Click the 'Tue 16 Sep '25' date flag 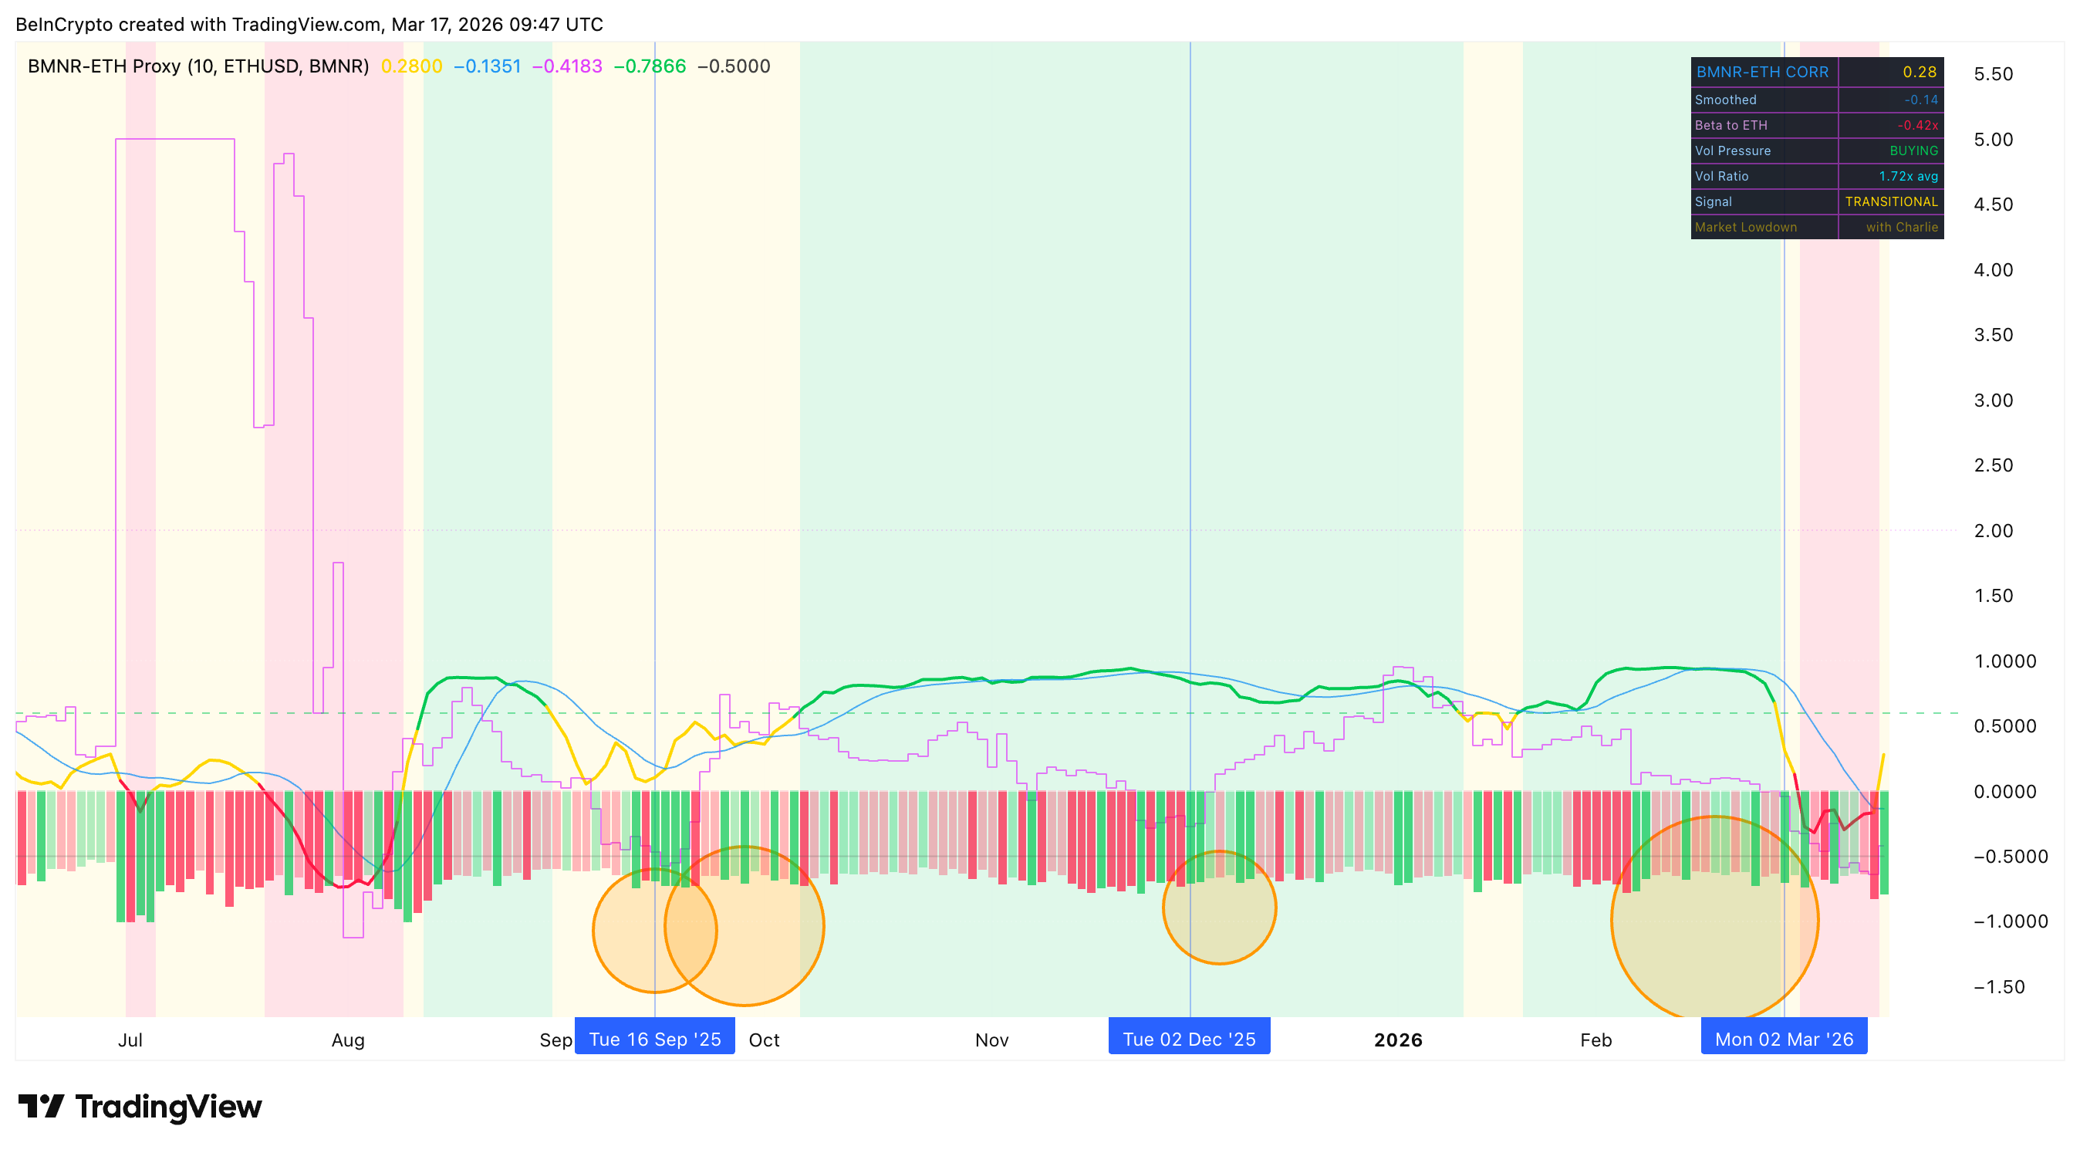point(654,1038)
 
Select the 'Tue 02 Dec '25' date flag point(1189,1038)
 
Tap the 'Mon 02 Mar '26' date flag point(1784,1038)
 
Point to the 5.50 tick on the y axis point(1993,74)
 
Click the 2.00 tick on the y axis point(1993,530)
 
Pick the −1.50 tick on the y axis point(1998,986)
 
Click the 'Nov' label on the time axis point(991,1040)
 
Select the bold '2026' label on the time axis point(1398,1040)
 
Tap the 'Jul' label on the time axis point(130,1040)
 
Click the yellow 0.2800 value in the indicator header point(411,66)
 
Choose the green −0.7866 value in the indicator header point(649,66)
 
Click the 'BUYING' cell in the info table point(1913,151)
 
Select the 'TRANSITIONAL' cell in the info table point(1891,202)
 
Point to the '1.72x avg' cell point(1907,176)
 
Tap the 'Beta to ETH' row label point(1731,125)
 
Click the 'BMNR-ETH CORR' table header point(1762,72)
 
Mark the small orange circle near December point(1219,907)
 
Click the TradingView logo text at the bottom point(168,1106)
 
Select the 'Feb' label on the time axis point(1595,1040)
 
